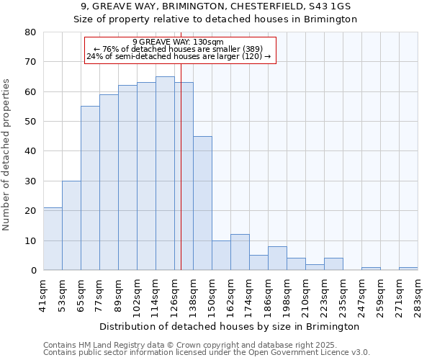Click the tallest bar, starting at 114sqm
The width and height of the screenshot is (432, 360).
coord(165,174)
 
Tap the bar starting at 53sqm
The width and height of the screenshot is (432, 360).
coord(71,225)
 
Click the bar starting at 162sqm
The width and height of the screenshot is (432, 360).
coord(240,252)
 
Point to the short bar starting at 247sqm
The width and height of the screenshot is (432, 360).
coord(371,269)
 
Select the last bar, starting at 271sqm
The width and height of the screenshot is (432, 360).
coord(408,269)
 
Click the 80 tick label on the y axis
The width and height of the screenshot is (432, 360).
coord(30,32)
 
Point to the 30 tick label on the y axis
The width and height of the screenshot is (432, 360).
coord(30,181)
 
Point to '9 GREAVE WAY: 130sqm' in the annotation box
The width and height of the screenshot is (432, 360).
coord(178,42)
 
